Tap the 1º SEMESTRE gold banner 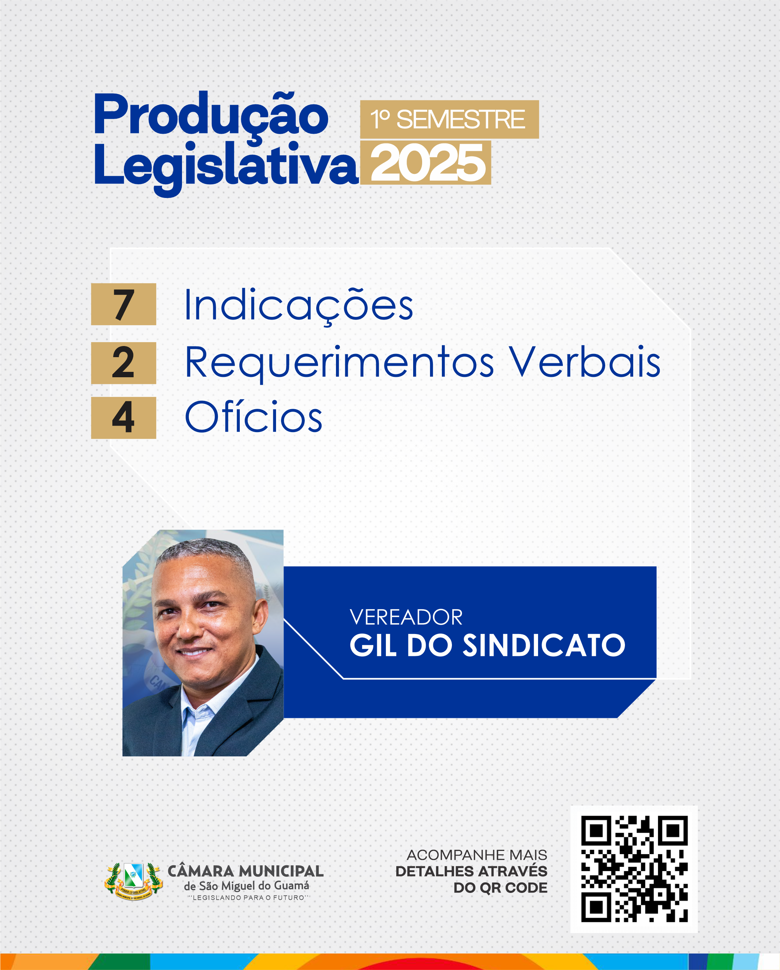click(x=449, y=119)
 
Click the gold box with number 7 click(x=123, y=304)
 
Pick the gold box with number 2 click(x=123, y=363)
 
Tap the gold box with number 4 click(x=123, y=417)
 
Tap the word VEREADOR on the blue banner click(x=406, y=617)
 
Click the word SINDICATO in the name click(x=544, y=645)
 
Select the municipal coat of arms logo click(x=133, y=881)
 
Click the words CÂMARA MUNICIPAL click(x=246, y=871)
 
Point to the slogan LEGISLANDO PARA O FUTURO click(x=248, y=898)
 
